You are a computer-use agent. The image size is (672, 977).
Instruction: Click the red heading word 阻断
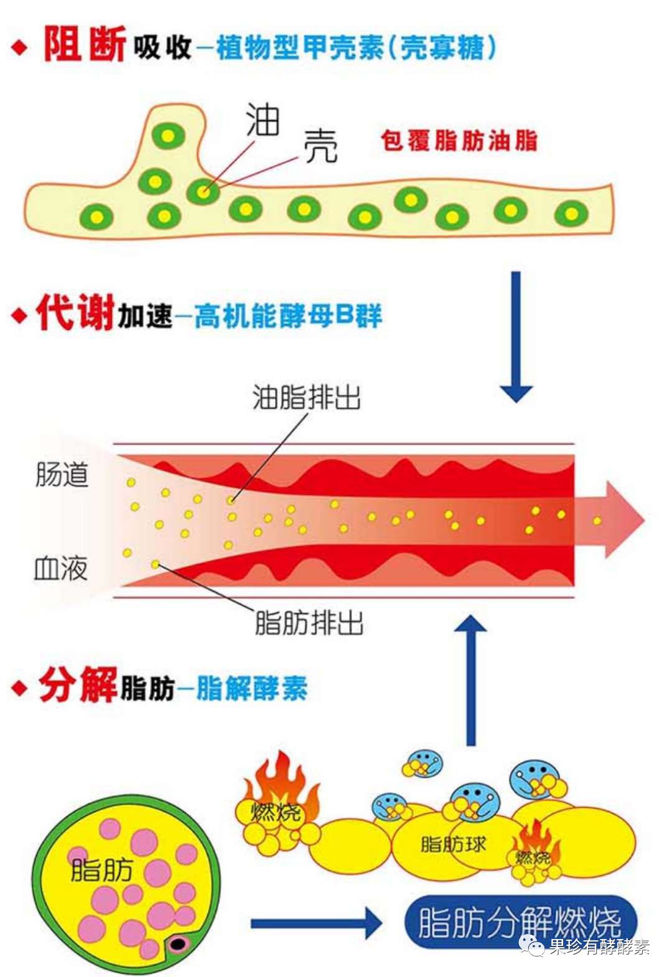[x=85, y=44]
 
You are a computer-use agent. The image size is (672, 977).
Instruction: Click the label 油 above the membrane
[x=263, y=119]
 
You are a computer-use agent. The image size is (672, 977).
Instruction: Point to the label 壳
[x=320, y=146]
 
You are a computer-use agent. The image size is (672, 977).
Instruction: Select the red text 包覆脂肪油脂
[x=459, y=141]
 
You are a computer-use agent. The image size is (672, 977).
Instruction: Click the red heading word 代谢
[x=76, y=311]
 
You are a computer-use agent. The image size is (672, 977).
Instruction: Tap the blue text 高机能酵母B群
[x=288, y=315]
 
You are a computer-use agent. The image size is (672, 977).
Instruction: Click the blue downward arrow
[x=516, y=337]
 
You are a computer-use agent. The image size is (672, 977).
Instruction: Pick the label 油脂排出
[x=307, y=397]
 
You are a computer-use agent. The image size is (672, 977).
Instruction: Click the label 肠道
[x=62, y=474]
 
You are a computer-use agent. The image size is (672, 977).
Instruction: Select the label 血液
[x=61, y=569]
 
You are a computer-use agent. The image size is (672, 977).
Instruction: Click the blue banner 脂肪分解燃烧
[x=521, y=922]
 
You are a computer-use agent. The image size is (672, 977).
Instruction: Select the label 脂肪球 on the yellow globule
[x=453, y=844]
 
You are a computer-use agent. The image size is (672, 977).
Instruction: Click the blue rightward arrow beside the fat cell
[x=316, y=923]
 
